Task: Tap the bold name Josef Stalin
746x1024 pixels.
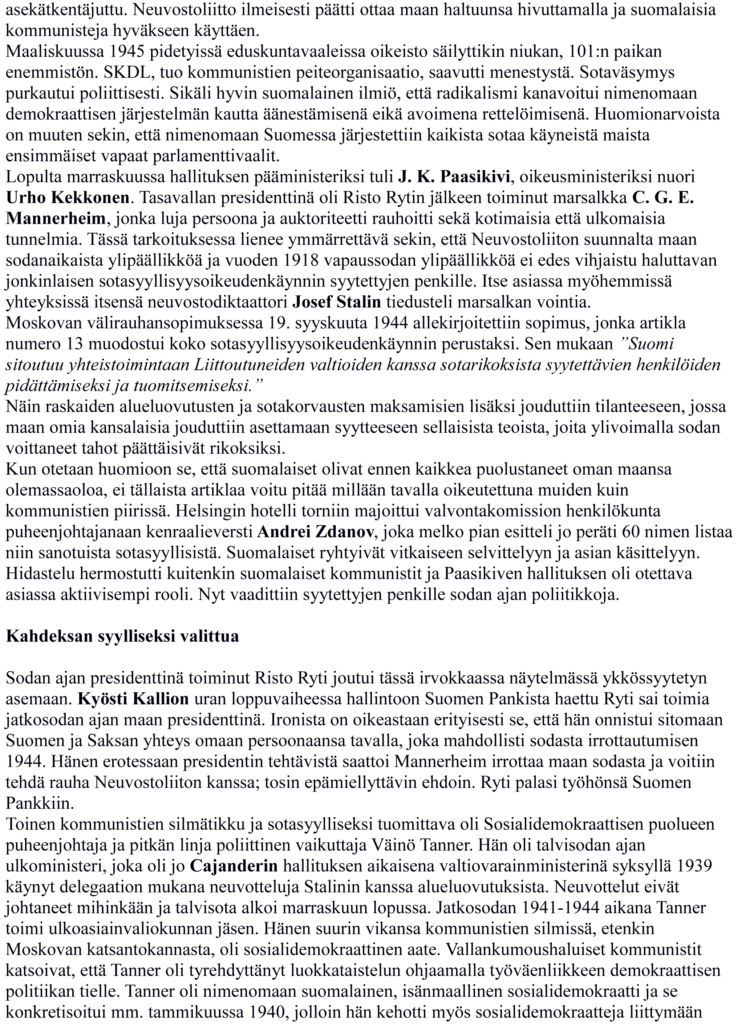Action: click(x=336, y=302)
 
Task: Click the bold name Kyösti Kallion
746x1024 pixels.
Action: click(x=133, y=699)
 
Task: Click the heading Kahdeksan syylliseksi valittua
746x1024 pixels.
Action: click(x=122, y=636)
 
